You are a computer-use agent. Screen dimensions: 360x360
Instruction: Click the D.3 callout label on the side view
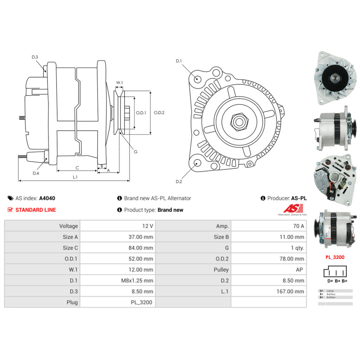[x=35, y=57]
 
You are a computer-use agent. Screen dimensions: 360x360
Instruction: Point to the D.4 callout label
[x=36, y=173]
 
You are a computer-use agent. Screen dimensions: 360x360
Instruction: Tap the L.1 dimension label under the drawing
[x=75, y=177]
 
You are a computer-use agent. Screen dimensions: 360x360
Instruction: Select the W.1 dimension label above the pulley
[x=120, y=83]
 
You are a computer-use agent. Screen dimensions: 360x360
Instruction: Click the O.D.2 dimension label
[x=159, y=112]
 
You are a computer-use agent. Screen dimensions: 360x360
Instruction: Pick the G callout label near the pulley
[x=136, y=152]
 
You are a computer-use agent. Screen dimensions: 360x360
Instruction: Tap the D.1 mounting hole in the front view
[x=197, y=79]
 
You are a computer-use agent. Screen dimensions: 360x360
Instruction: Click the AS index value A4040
[x=47, y=198]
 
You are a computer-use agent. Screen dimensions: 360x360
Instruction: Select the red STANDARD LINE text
[x=36, y=210]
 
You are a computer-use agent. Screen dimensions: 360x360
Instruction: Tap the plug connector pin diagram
[x=335, y=273]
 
